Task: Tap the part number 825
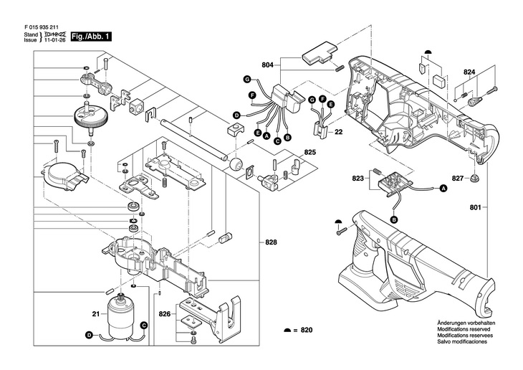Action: pyautogui.click(x=290, y=153)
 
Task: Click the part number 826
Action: pyautogui.click(x=164, y=313)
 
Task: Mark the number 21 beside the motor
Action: pyautogui.click(x=95, y=313)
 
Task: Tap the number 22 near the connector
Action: pyautogui.click(x=340, y=132)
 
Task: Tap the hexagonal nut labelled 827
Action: pyautogui.click(x=475, y=178)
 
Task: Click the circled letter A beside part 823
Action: pyautogui.click(x=442, y=189)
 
